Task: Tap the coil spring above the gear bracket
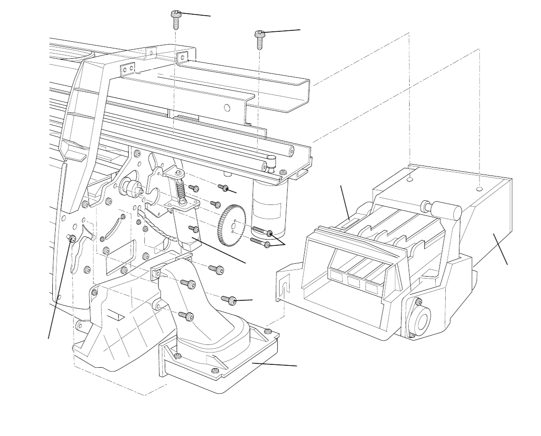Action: coord(180,191)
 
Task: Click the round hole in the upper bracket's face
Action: coord(227,108)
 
